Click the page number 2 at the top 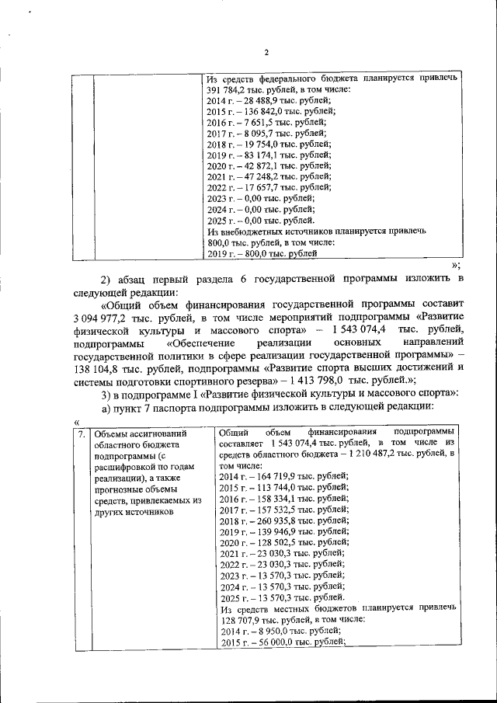click(x=266, y=53)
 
